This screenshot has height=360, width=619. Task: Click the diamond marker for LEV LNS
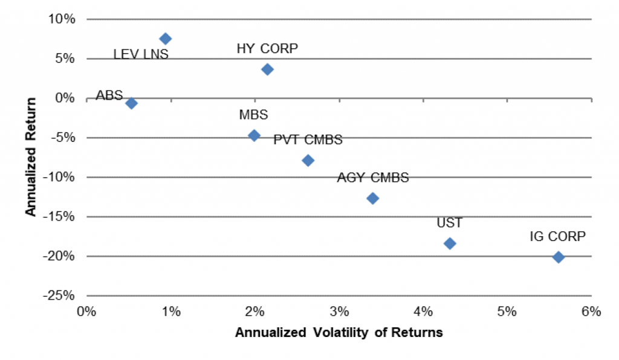[165, 39]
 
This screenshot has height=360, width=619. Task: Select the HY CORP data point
[267, 69]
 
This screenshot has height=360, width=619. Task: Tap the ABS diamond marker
[131, 103]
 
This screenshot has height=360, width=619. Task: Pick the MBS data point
[254, 135]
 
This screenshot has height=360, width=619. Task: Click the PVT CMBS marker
[308, 160]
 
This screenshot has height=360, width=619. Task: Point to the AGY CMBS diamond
[372, 198]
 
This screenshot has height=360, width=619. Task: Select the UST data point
[450, 243]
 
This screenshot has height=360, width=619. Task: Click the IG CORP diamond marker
[559, 257]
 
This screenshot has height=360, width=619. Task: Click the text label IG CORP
[557, 237]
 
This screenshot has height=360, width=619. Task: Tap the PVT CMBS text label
[308, 140]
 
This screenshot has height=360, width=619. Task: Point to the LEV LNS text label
[141, 55]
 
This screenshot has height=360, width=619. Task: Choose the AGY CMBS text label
[373, 178]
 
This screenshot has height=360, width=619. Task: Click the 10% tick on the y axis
[62, 19]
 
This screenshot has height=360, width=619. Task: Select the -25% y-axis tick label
[58, 296]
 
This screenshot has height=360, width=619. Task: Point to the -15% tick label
[58, 217]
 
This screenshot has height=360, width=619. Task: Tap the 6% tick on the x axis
[591, 312]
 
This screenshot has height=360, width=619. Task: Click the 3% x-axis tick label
[339, 312]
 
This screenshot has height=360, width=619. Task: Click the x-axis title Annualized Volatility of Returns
[339, 332]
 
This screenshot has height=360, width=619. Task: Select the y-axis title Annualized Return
[31, 157]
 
